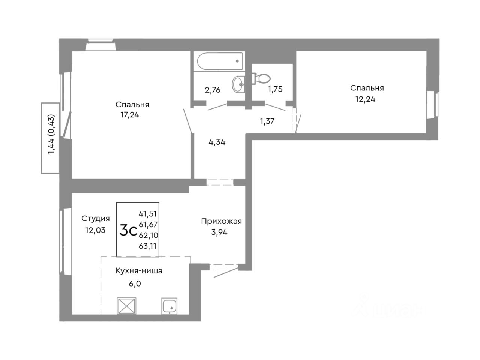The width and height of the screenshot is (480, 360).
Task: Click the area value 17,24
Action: [x=130, y=115]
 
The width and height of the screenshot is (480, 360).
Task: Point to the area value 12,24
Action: [x=365, y=99]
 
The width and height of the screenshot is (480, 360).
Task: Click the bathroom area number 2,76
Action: [x=212, y=90]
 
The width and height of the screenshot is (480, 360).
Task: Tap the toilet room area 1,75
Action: [x=275, y=90]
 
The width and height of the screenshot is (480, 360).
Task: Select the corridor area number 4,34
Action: [x=217, y=142]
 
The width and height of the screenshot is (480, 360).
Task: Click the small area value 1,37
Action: [x=268, y=121]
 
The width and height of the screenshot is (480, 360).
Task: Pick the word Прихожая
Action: [x=221, y=221]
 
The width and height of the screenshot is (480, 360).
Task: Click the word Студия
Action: [x=96, y=219]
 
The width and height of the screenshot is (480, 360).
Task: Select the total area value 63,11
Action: [x=147, y=246]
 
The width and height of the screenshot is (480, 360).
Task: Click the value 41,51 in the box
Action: [x=147, y=214]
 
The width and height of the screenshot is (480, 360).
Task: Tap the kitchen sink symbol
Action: [x=171, y=306]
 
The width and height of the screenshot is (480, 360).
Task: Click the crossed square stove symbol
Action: [x=127, y=306]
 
